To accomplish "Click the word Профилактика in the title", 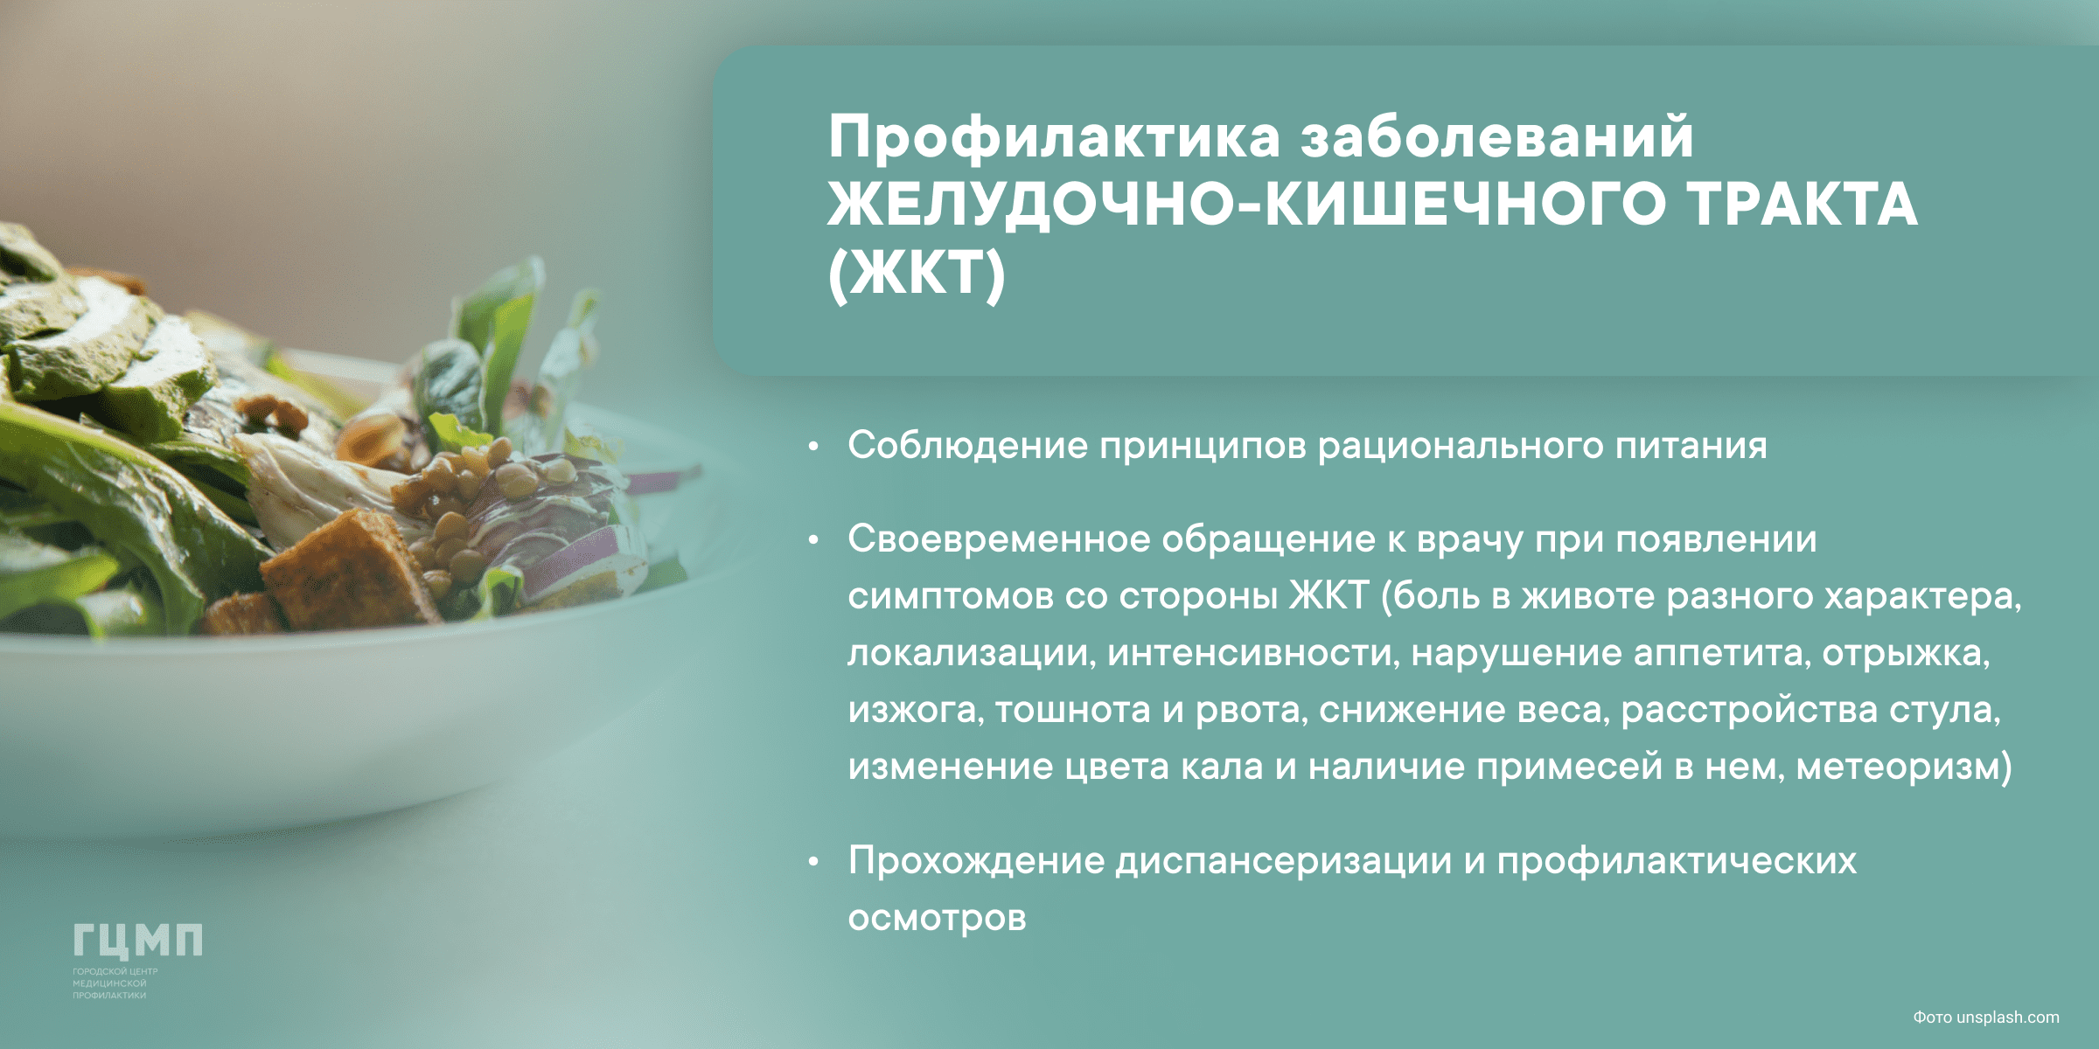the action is [x=1054, y=138].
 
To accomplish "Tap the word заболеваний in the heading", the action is [x=1497, y=136].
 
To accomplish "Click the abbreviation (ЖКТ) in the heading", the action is [x=917, y=274].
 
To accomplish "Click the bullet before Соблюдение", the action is [x=813, y=447].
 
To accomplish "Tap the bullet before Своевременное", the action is [x=813, y=540].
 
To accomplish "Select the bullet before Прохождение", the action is [x=813, y=862].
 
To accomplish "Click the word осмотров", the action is [x=937, y=919].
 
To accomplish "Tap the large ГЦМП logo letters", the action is [x=137, y=941].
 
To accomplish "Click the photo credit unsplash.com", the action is [x=2007, y=1018].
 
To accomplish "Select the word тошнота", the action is [x=1072, y=710].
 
